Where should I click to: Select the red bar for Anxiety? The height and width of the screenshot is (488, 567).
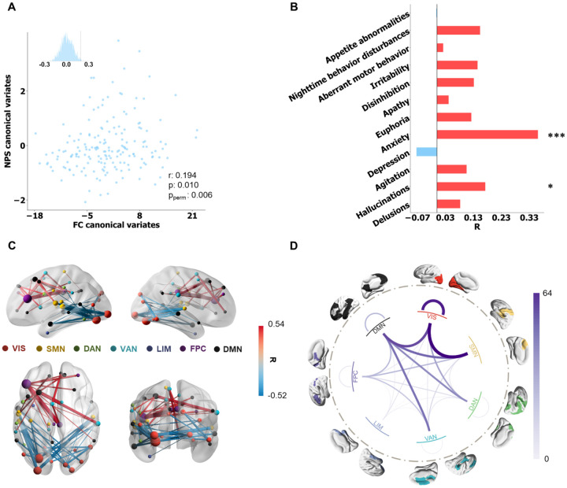(487, 135)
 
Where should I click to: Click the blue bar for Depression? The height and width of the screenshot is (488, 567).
(426, 151)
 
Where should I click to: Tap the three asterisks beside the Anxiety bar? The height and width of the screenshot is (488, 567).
(554, 136)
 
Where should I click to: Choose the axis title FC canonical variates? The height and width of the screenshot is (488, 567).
(114, 225)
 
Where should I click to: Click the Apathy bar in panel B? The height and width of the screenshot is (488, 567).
(442, 99)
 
